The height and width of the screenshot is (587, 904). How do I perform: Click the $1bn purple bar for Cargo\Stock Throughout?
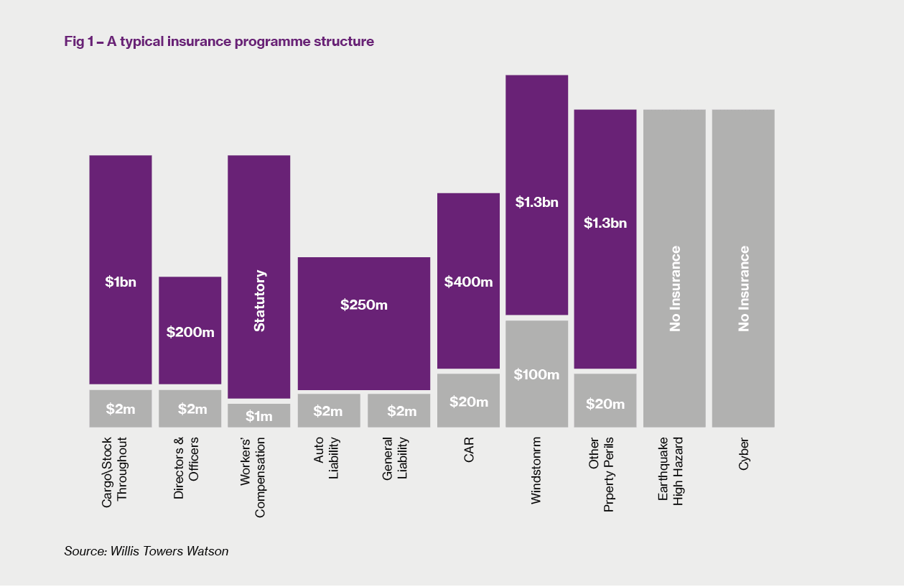pos(121,269)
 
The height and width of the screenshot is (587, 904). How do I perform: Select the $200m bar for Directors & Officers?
pos(190,331)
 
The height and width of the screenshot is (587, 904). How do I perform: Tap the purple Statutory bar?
pos(259,277)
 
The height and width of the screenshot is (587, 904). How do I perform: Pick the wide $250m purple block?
pos(364,323)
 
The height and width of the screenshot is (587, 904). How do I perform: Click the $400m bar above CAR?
pos(468,280)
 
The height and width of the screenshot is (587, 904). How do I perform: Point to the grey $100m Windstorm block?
pos(536,374)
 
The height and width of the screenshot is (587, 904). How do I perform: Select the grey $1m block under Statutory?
pos(259,415)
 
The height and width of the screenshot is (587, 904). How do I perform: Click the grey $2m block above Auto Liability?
pos(329,410)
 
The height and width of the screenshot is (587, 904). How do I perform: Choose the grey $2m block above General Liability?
pos(399,410)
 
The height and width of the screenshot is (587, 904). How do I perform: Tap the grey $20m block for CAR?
pos(468,401)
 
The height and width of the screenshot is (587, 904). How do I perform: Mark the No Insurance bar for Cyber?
pos(743,268)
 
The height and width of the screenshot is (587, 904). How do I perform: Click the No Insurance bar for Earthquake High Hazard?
pos(674,268)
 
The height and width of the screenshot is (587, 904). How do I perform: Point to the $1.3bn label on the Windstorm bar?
pos(536,203)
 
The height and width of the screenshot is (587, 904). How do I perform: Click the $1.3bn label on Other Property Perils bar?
pos(605,223)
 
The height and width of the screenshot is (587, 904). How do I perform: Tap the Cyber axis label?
pos(744,454)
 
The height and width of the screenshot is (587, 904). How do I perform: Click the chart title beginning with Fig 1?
pos(219,42)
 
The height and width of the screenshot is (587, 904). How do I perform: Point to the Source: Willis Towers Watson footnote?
pos(146,552)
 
